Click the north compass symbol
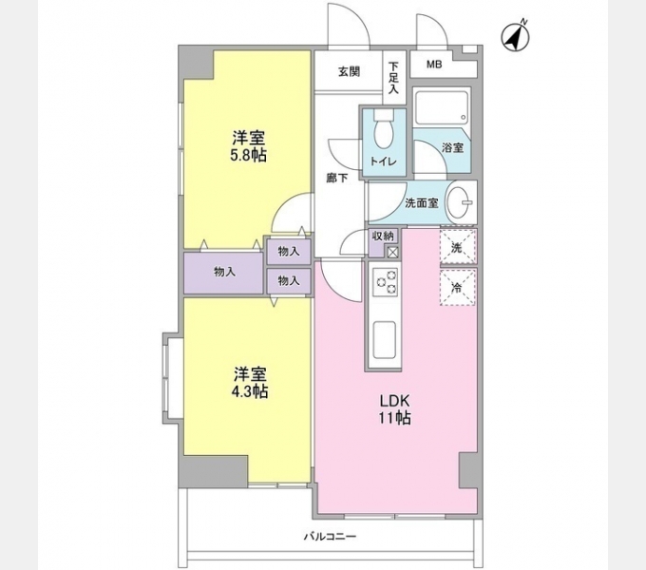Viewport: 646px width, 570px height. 515,36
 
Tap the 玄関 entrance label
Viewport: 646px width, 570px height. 349,71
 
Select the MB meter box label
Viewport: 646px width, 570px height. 433,65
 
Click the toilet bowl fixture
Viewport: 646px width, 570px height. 383,126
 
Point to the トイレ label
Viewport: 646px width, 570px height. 383,161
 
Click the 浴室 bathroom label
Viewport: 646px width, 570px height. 452,148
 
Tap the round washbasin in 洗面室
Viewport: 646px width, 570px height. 463,201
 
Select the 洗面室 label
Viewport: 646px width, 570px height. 420,202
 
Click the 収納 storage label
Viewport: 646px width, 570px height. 383,236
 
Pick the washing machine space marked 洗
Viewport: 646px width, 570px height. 457,247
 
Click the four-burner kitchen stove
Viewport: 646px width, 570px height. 385,281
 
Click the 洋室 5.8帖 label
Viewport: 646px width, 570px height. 246,144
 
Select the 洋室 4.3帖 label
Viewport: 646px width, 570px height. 246,382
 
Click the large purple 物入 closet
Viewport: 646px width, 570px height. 224,272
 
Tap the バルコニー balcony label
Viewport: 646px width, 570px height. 330,537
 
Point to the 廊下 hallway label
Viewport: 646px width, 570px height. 336,178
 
